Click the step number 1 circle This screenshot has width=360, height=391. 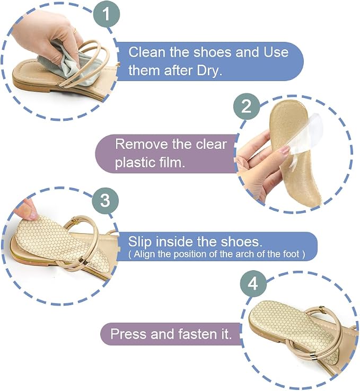107,14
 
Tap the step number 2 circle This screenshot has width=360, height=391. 247,106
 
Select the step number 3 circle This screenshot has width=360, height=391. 105,200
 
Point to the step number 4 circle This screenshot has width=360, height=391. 253,283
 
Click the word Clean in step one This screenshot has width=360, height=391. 147,52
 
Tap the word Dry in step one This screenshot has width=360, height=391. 209,70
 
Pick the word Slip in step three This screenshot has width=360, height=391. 140,242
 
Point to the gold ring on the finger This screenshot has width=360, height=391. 75,31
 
